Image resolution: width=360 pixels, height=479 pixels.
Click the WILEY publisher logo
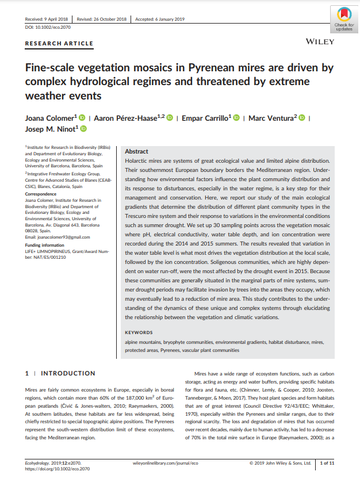(317, 42)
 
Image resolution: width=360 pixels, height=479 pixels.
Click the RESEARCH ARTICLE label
(59, 43)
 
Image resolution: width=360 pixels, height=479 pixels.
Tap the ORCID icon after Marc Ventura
(301, 118)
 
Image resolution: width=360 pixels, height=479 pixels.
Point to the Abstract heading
(137, 151)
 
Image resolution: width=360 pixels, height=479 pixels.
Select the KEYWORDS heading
(139, 332)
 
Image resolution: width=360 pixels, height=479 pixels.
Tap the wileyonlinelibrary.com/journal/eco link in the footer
(166, 463)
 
